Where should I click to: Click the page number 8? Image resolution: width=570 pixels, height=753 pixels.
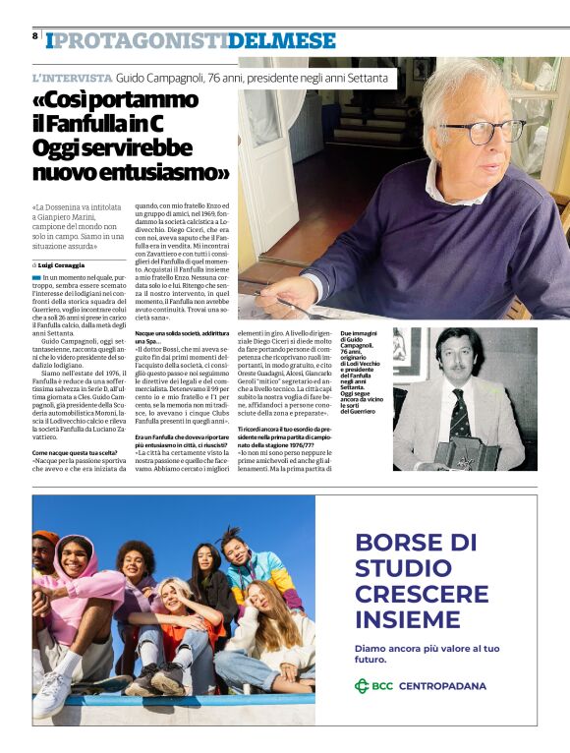[34, 35]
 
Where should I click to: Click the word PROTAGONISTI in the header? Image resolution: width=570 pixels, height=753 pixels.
[140, 40]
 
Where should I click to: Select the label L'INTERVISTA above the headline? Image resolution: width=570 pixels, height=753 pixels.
[72, 77]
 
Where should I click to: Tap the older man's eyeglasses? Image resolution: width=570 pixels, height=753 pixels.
[481, 131]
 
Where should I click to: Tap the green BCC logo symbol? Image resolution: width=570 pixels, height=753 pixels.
[362, 685]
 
